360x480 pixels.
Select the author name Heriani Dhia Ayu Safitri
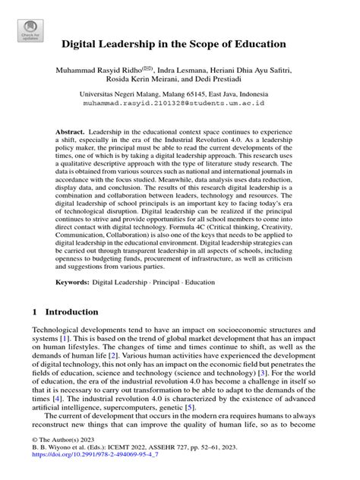(266, 70)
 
